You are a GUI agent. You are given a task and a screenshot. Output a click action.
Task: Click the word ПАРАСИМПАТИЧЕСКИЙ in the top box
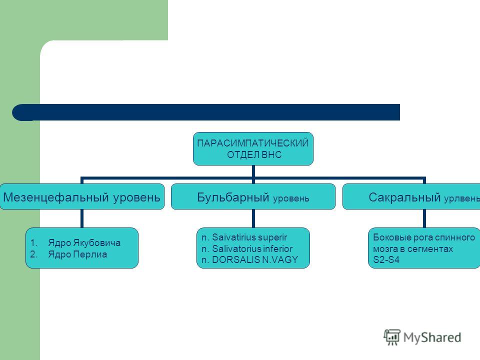pos(253,143)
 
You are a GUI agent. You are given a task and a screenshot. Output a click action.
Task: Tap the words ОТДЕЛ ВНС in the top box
pos(254,154)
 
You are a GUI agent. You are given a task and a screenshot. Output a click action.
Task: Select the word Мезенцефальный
pos(56,197)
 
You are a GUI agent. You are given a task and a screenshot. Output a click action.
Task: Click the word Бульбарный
pos(233,197)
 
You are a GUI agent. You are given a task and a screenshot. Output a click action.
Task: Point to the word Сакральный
pos(404,197)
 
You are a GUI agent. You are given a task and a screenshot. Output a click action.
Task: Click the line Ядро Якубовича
pos(84,243)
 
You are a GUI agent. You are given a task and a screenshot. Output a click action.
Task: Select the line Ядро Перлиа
pos(77,254)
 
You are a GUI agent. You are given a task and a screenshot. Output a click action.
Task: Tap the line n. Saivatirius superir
pos(244,237)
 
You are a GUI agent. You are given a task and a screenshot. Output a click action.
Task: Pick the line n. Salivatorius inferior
pos(246,248)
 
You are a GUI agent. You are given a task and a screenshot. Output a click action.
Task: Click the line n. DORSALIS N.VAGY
pos(249,260)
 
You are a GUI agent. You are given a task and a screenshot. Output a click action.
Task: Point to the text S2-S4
pos(386,260)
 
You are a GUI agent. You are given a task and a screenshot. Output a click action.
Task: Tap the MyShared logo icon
pos(392,337)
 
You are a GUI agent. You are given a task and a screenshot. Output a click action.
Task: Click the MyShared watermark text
pos(432,337)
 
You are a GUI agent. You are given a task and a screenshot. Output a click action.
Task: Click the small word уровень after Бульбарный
pos(291,198)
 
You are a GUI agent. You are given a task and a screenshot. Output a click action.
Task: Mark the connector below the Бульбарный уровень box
pos(253,218)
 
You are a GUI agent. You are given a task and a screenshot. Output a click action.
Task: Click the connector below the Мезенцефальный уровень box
pos(81,218)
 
